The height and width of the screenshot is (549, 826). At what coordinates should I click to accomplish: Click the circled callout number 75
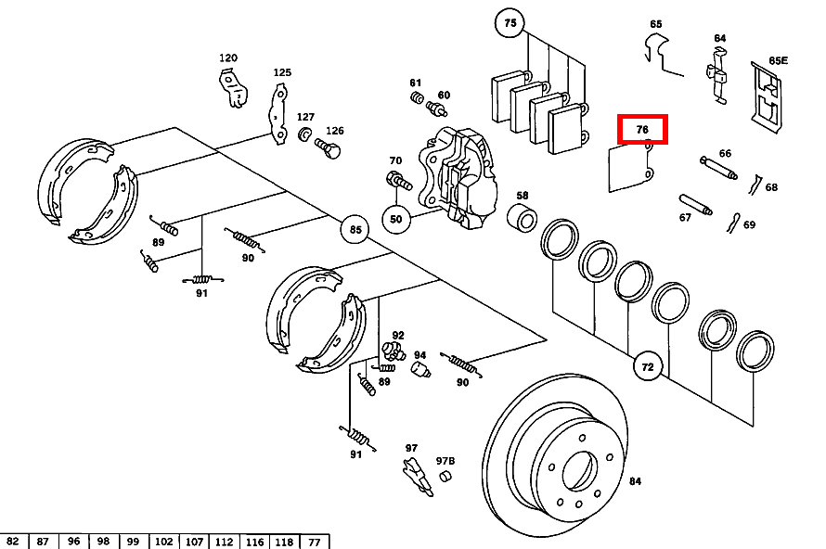click(x=510, y=23)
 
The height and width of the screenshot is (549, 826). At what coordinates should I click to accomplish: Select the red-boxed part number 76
click(x=642, y=130)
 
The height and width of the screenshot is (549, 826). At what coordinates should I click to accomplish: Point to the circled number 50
click(x=396, y=219)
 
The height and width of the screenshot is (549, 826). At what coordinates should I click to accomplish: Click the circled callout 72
click(x=648, y=367)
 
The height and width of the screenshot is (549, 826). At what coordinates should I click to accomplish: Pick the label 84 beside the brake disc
click(x=635, y=480)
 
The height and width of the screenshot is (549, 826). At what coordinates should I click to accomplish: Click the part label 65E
click(x=778, y=61)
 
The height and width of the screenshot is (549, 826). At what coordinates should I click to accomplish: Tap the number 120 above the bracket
click(x=228, y=58)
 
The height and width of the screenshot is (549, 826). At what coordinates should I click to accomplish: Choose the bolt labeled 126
click(x=328, y=147)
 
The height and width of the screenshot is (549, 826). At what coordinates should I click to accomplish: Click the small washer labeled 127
click(x=303, y=136)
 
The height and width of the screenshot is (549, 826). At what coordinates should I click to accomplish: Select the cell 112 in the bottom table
click(x=224, y=542)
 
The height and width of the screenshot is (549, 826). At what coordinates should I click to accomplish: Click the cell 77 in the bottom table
click(x=314, y=542)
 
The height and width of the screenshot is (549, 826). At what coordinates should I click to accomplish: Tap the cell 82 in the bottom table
click(x=12, y=542)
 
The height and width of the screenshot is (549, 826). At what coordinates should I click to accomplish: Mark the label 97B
click(x=445, y=461)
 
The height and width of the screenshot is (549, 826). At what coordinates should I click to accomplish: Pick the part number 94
click(x=419, y=355)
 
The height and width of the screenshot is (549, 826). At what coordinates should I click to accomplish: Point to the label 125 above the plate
click(x=282, y=72)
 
